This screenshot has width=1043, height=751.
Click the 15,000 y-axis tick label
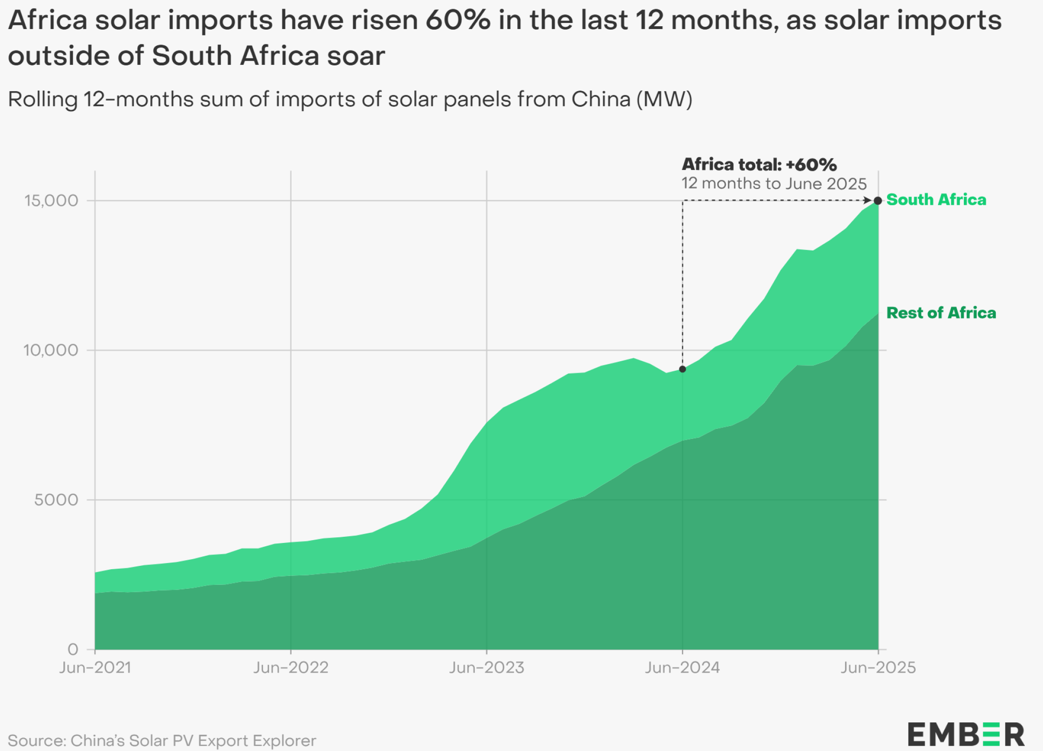pyautogui.click(x=51, y=200)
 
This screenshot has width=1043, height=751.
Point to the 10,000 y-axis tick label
pyautogui.click(x=51, y=350)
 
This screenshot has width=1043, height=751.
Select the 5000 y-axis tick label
pyautogui.click(x=56, y=500)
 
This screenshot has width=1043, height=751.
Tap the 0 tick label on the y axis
pyautogui.click(x=73, y=649)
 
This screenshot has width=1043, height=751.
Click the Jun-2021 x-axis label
pyautogui.click(x=95, y=668)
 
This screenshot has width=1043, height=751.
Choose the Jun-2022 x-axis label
pyautogui.click(x=291, y=668)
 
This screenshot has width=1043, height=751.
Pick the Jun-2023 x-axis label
pyautogui.click(x=486, y=668)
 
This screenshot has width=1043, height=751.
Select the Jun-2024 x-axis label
pyautogui.click(x=682, y=668)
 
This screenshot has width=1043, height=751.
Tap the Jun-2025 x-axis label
pyautogui.click(x=878, y=668)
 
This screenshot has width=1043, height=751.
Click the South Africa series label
pyautogui.click(x=936, y=199)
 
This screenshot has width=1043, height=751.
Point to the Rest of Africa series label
pyautogui.click(x=941, y=313)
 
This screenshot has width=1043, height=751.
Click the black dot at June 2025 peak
pyautogui.click(x=878, y=201)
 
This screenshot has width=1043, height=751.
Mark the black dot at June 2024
pyautogui.click(x=682, y=369)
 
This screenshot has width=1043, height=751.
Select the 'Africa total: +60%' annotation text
pyautogui.click(x=759, y=165)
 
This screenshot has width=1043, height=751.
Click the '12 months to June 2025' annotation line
pyautogui.click(x=773, y=184)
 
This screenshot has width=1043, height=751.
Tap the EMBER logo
pyautogui.click(x=966, y=734)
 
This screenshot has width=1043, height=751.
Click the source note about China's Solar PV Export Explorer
pyautogui.click(x=162, y=741)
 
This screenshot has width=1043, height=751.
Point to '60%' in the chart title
pyautogui.click(x=458, y=20)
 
